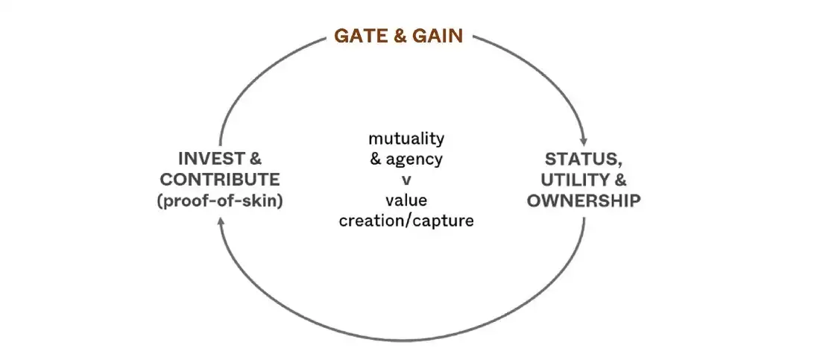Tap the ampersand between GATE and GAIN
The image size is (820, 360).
pyautogui.click(x=400, y=36)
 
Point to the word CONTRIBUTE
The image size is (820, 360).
pyautogui.click(x=221, y=180)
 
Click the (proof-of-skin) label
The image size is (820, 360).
pyautogui.click(x=221, y=200)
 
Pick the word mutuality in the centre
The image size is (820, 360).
pyautogui.click(x=406, y=138)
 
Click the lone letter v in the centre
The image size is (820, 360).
pyautogui.click(x=406, y=180)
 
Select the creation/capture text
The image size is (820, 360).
pyautogui.click(x=406, y=221)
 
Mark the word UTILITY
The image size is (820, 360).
pyautogui.click(x=575, y=180)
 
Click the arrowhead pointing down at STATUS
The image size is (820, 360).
pyautogui.click(x=584, y=139)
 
